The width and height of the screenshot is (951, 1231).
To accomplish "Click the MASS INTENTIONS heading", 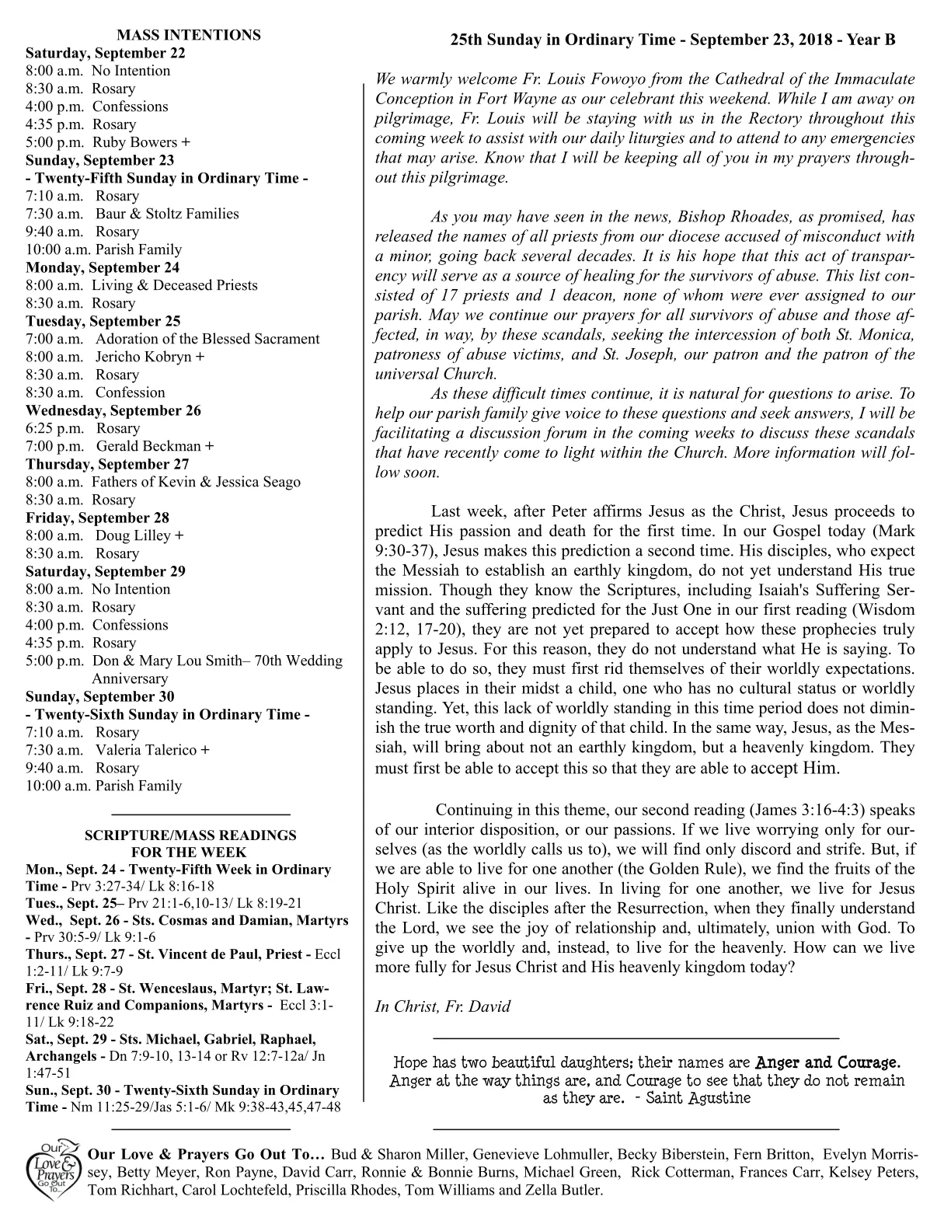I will (188, 35).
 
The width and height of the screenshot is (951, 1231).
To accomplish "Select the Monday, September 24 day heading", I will (103, 267).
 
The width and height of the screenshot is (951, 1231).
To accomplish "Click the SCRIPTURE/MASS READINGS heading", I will (190, 835).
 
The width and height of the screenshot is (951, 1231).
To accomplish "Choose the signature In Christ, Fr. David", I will (443, 1006).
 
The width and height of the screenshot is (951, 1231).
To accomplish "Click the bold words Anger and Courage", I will (827, 1062).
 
